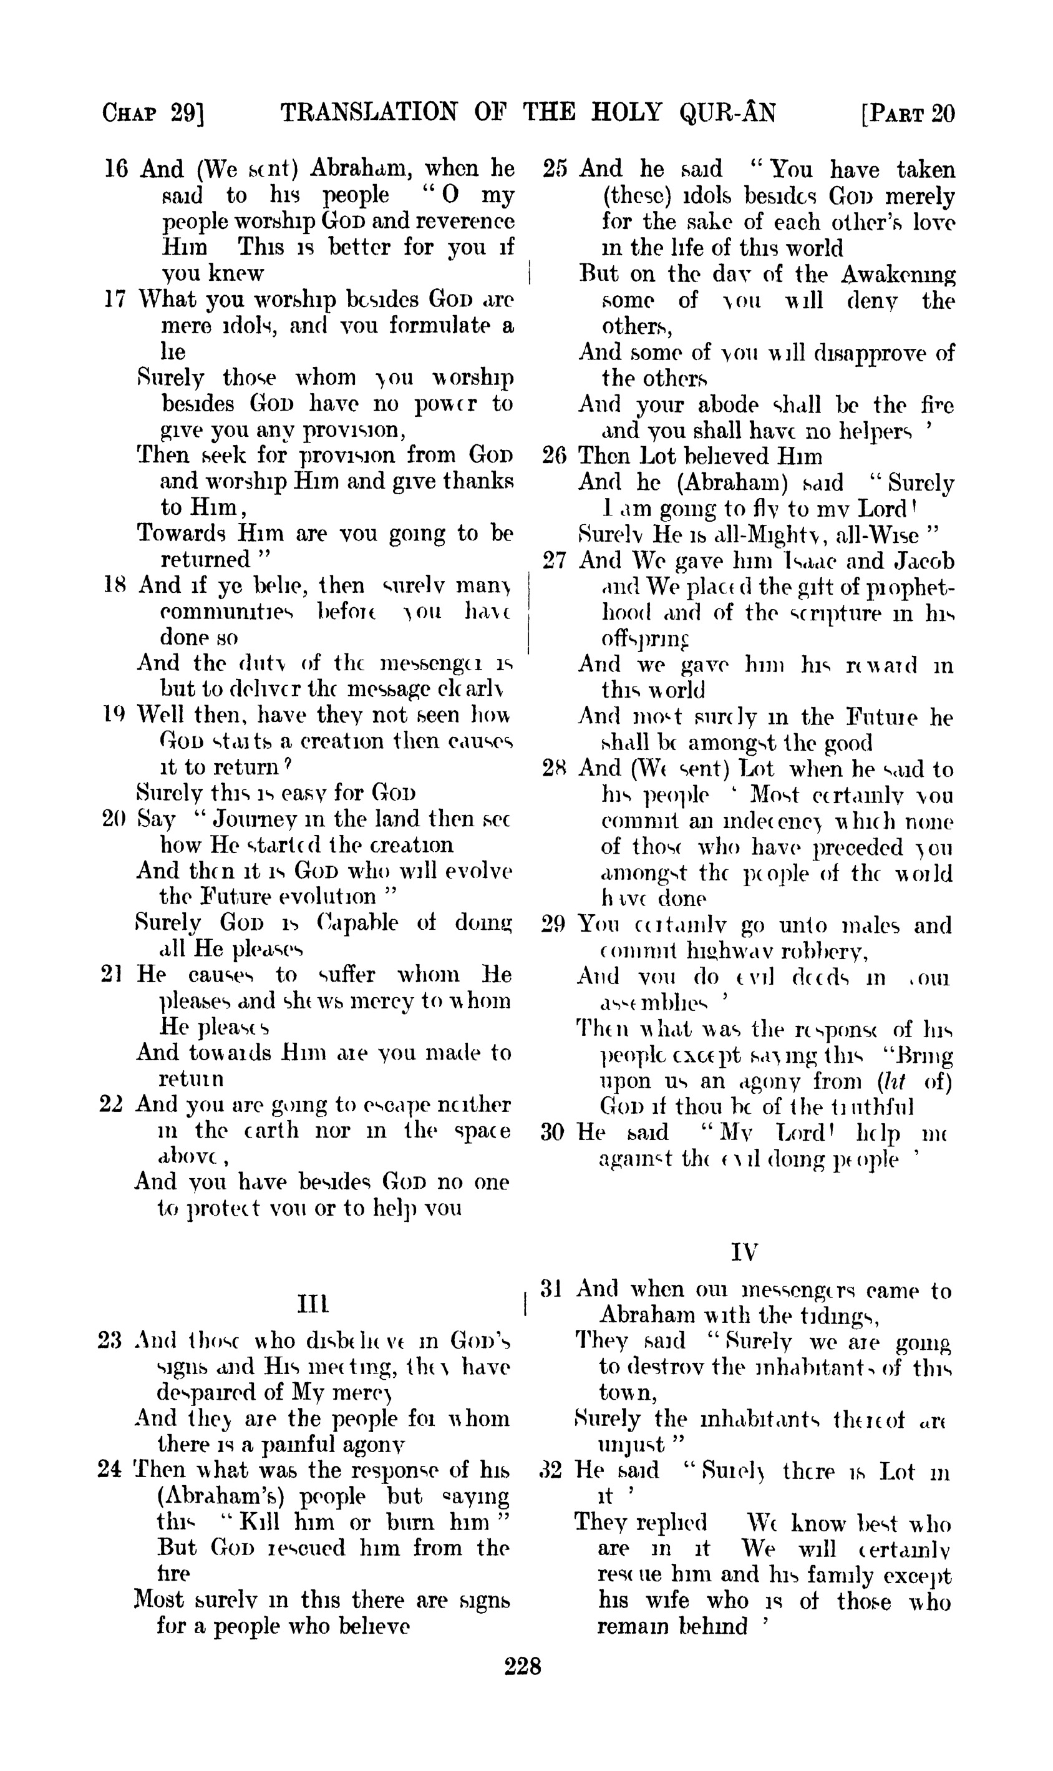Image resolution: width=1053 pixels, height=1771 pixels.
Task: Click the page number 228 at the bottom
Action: [522, 1666]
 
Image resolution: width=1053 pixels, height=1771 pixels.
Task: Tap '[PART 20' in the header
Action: [908, 114]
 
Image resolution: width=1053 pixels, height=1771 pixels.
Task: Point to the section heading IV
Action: [744, 1251]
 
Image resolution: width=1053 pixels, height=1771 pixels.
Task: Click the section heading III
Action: [312, 1304]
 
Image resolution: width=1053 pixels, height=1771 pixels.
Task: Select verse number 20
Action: [114, 819]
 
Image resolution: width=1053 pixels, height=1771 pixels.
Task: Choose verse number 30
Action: [553, 1132]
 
